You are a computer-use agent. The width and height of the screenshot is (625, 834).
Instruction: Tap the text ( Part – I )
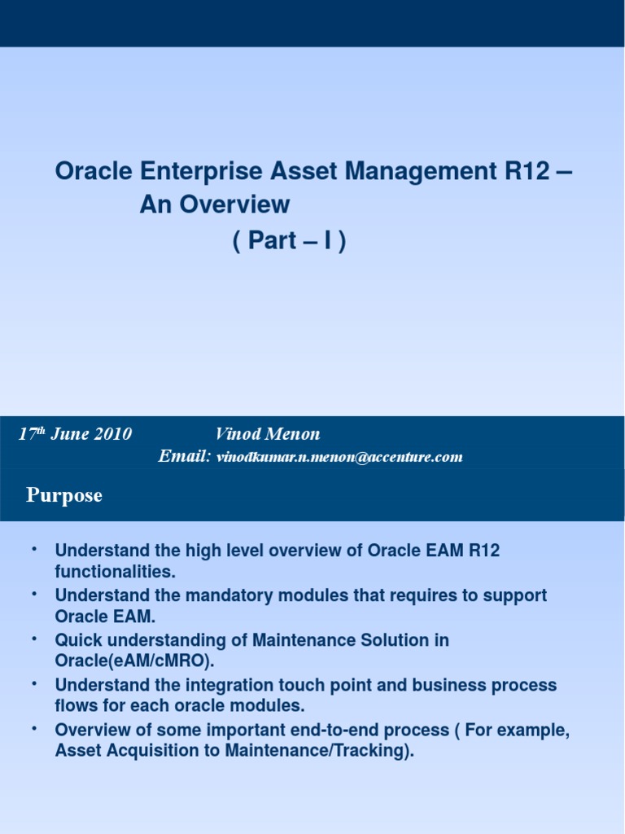click(x=290, y=242)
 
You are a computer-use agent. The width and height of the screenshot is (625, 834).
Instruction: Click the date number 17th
click(x=32, y=433)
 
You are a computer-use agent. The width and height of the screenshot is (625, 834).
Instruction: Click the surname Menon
click(x=293, y=434)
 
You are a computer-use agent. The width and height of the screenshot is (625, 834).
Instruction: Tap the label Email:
click(x=185, y=456)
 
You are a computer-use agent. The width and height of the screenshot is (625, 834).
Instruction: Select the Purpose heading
click(x=64, y=495)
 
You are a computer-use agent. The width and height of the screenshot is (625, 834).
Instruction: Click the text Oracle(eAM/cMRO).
click(x=133, y=661)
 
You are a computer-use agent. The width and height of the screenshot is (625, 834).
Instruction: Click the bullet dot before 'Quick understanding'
click(x=34, y=638)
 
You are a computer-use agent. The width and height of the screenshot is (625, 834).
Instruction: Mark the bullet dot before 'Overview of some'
click(x=34, y=727)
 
